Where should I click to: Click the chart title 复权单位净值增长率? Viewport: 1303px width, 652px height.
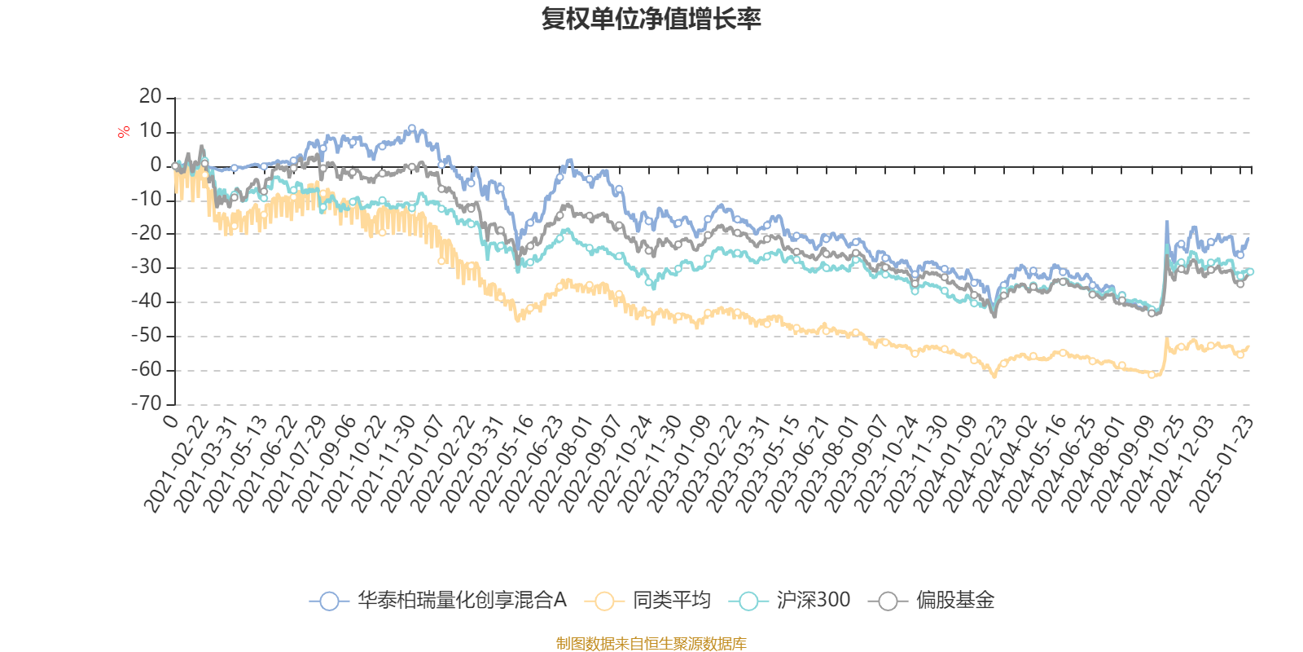(x=651, y=19)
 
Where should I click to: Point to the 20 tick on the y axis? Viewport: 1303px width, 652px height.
(x=151, y=97)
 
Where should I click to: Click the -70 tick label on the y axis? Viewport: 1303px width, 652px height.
(x=147, y=403)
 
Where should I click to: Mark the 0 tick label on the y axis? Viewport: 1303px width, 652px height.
(x=156, y=165)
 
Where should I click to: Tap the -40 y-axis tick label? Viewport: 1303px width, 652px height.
(x=147, y=302)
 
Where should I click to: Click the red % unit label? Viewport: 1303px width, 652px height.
(x=124, y=132)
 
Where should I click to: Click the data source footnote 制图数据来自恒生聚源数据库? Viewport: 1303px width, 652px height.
(x=651, y=644)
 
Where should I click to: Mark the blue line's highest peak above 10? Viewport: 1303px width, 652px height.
(x=412, y=127)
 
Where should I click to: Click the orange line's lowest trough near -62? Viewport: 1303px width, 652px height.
(x=994, y=376)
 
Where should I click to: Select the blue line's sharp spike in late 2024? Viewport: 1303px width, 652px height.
(x=1167, y=222)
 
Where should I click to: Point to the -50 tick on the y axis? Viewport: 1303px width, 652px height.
(x=147, y=336)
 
